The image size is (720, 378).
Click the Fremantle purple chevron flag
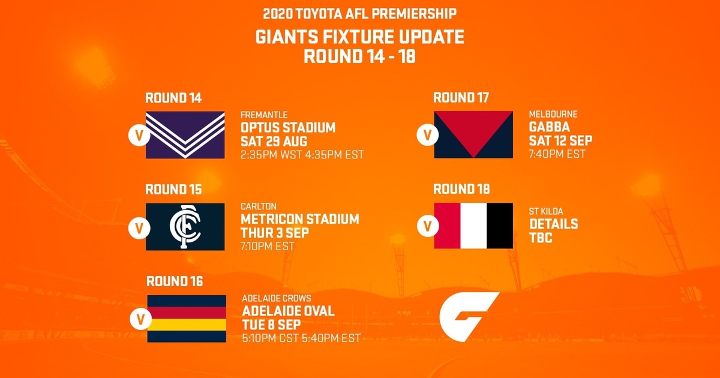click(185, 135)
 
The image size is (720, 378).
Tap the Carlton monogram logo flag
click(185, 227)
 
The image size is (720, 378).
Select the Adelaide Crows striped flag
click(187, 319)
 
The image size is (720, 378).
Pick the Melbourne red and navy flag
click(473, 134)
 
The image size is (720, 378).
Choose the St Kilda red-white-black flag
click(473, 226)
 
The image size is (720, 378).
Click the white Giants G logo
click(469, 317)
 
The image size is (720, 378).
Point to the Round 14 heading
click(173, 98)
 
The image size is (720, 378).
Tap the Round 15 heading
click(173, 190)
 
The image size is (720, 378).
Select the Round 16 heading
click(175, 281)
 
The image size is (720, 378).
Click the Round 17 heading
click(461, 97)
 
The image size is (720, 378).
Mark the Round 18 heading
click(461, 189)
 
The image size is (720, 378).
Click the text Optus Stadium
click(288, 128)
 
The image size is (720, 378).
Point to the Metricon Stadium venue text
click(300, 219)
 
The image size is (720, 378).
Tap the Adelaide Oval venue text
click(289, 311)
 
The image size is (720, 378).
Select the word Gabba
click(550, 127)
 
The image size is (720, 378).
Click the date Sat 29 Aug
click(274, 142)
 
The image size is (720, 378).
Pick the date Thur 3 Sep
click(275, 233)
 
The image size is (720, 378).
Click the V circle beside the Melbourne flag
click(427, 135)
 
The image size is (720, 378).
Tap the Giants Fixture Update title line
click(359, 37)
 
